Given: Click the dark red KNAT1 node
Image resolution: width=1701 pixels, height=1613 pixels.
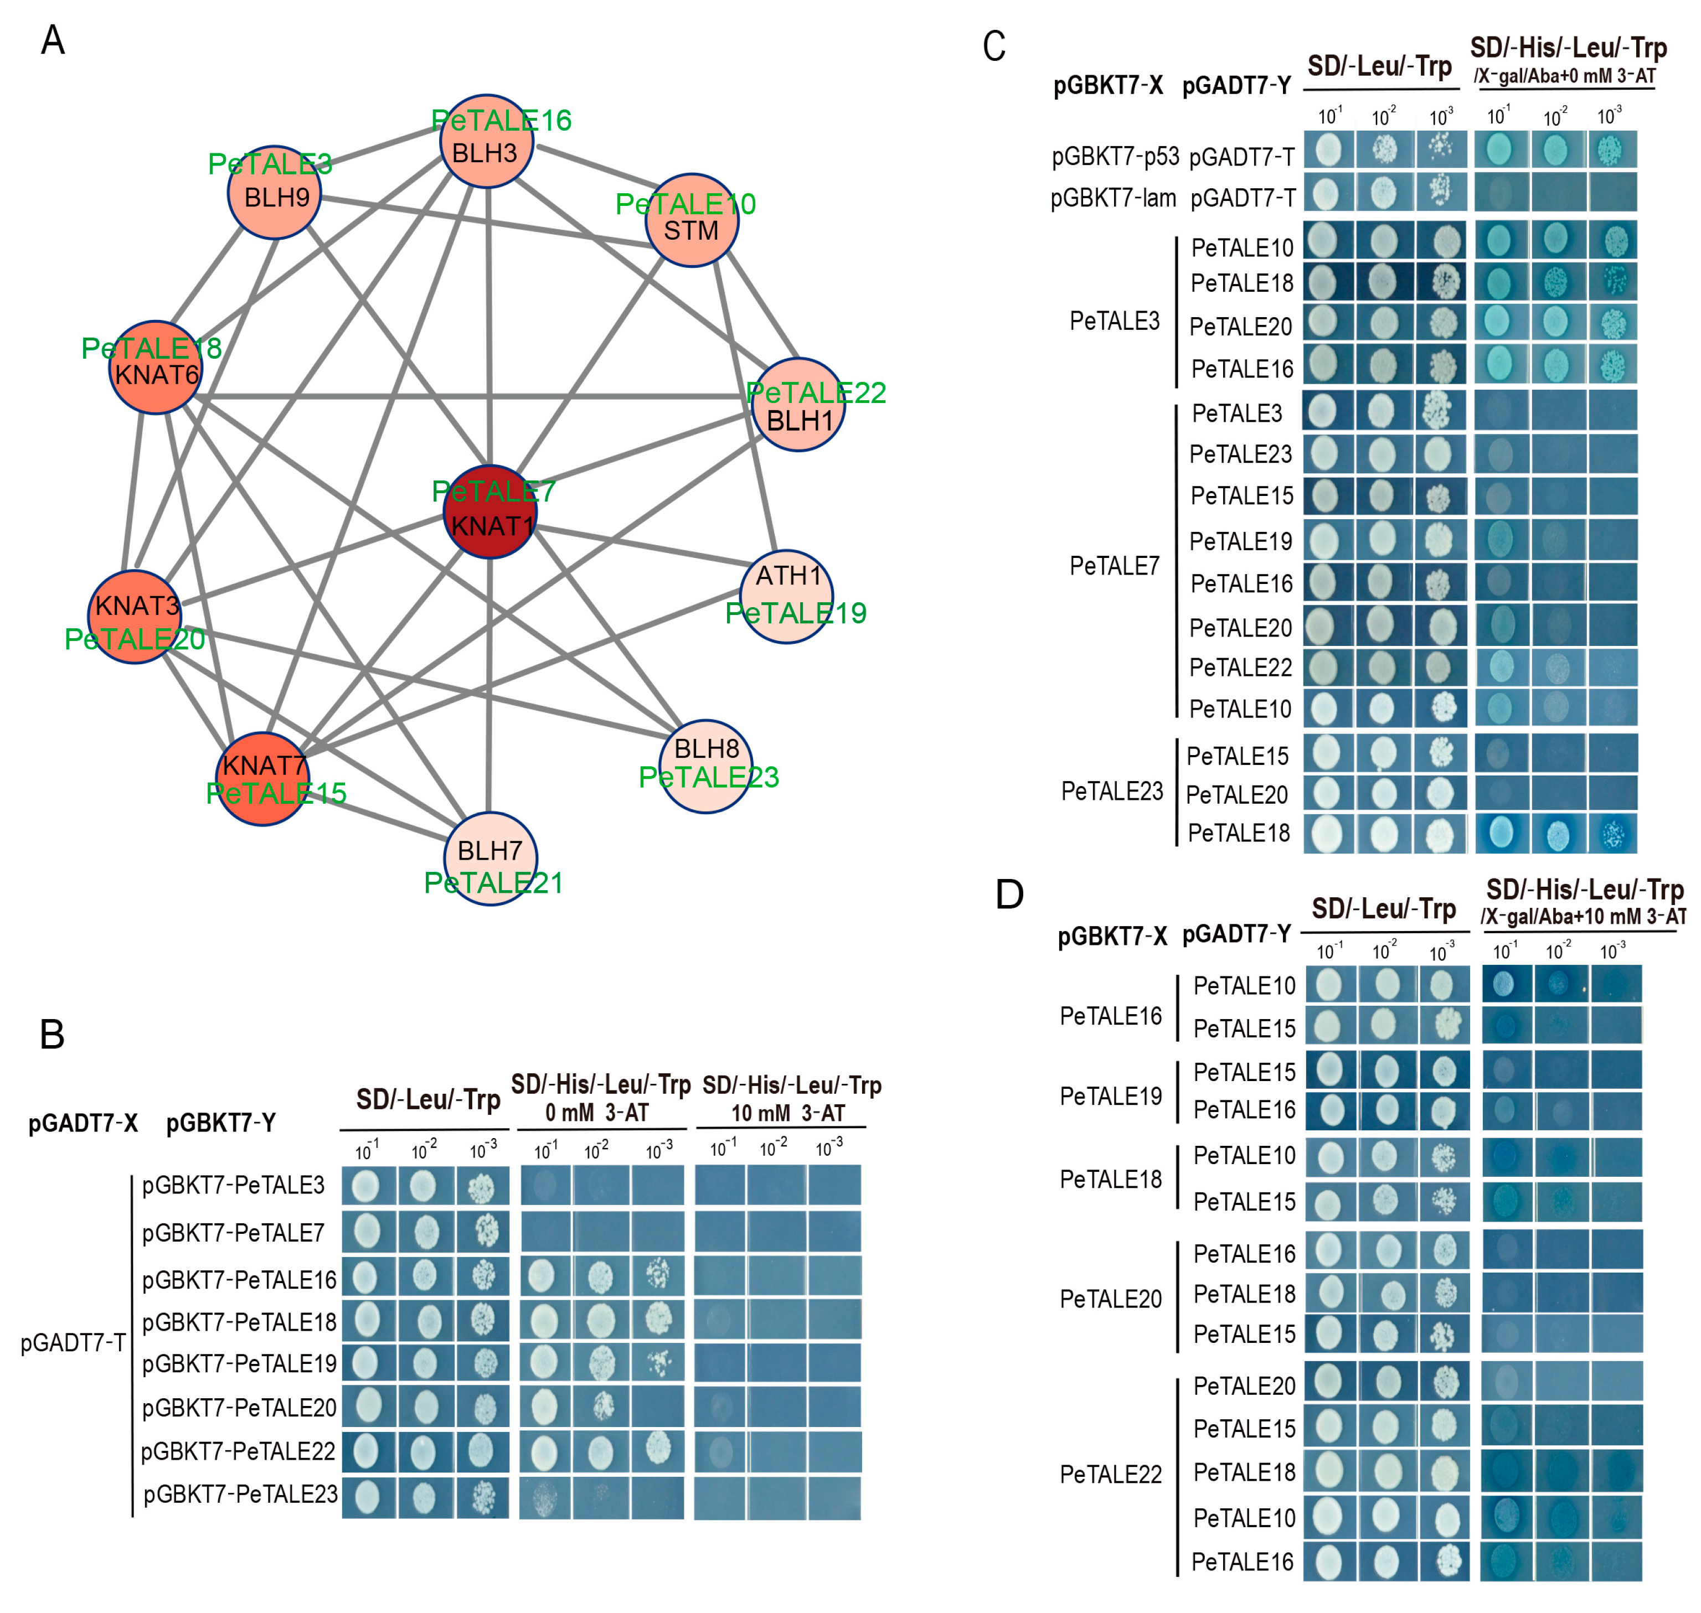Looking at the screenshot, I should point(489,513).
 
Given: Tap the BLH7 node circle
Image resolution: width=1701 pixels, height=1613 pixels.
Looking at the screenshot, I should point(490,857).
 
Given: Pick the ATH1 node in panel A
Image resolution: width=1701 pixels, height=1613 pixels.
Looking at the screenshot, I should point(786,596).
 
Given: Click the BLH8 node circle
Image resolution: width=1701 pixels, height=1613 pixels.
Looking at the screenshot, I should point(706,765).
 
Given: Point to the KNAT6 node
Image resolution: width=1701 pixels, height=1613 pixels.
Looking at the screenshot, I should point(156,368).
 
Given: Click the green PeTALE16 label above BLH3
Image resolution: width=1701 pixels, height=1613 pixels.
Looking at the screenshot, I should point(501,120).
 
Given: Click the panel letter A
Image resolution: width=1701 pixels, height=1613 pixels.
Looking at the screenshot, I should point(53,40).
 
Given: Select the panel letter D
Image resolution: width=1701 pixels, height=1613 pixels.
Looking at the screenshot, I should point(1009,894).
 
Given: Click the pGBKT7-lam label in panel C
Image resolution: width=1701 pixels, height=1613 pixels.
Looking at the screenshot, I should point(1113,199).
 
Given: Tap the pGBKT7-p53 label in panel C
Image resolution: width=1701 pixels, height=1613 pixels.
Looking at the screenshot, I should point(1115,157).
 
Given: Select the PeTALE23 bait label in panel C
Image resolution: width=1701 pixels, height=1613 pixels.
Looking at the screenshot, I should point(1112,791).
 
